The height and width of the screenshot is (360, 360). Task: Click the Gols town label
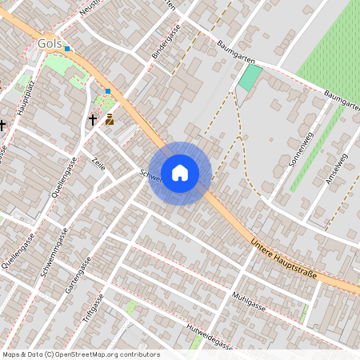50,43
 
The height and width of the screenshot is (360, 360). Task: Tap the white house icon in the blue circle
180,173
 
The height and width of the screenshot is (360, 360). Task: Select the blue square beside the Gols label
68,49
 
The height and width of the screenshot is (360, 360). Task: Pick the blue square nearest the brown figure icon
108,91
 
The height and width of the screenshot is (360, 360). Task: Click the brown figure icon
110,119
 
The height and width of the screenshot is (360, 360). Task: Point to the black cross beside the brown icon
93,120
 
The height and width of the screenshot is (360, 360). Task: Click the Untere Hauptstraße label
283,258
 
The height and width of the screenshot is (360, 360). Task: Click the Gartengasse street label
78,275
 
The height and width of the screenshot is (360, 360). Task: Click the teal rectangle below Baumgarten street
250,77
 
